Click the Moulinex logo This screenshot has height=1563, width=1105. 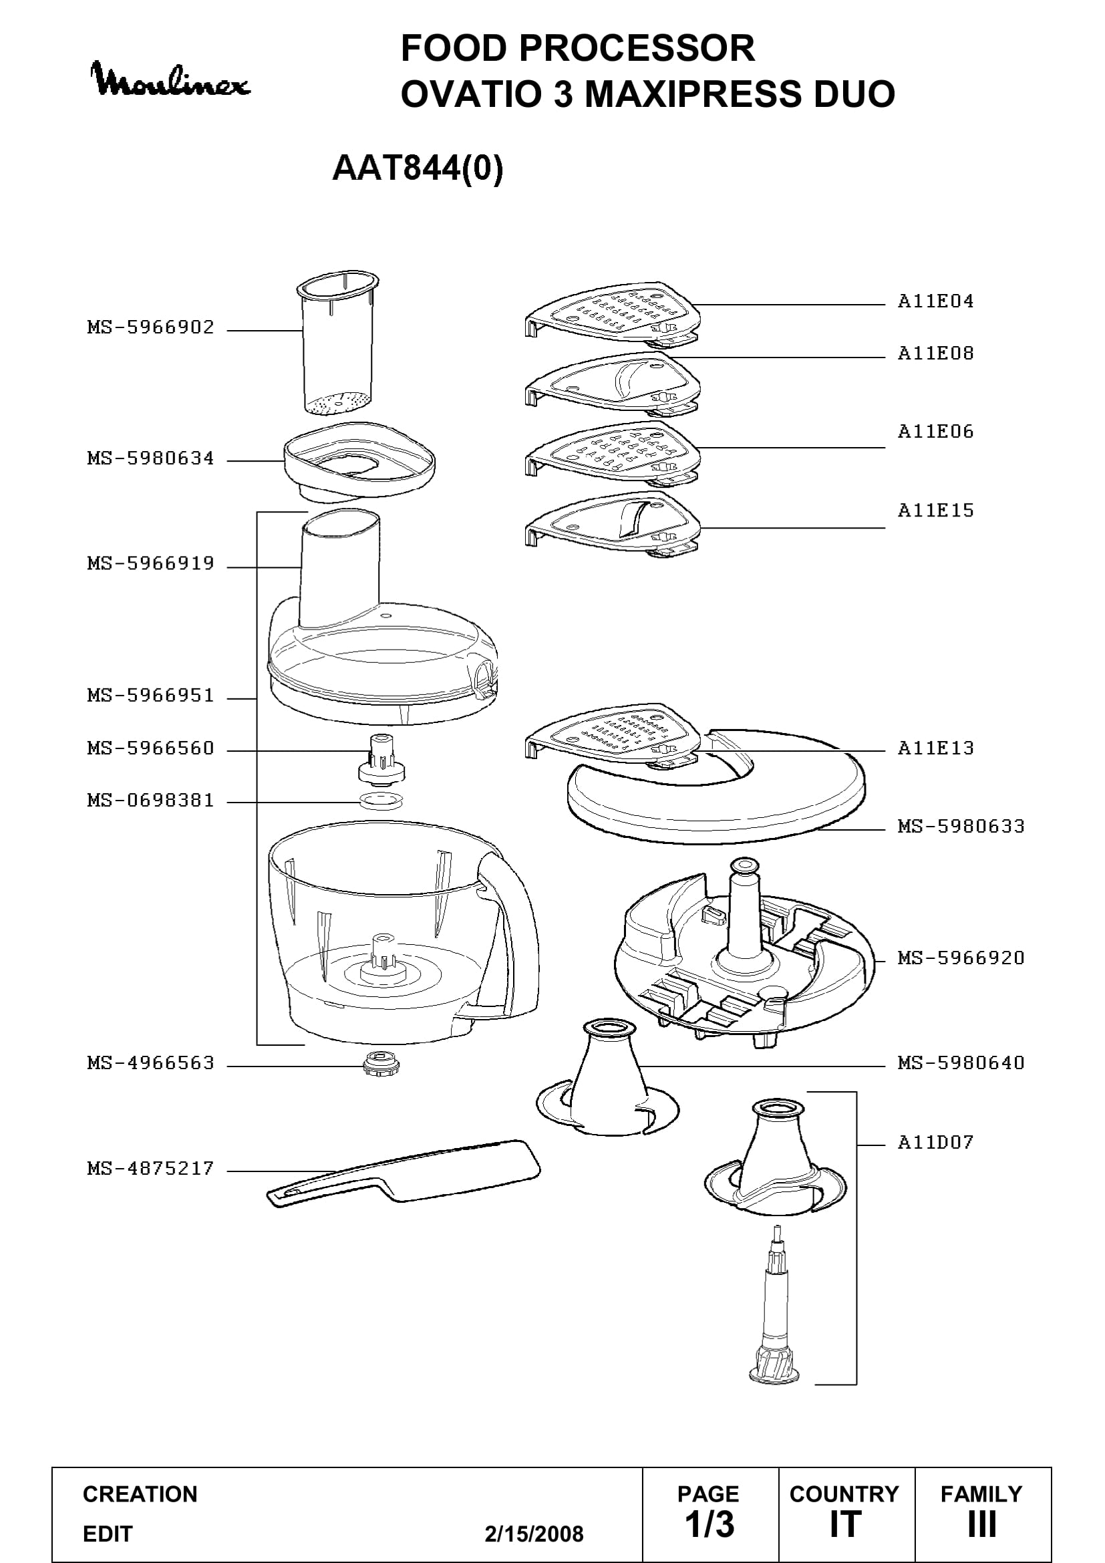pos(171,80)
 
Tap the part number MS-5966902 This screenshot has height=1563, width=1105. pos(151,327)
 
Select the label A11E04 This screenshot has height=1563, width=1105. pos(935,301)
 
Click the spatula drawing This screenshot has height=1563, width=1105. pos(404,1173)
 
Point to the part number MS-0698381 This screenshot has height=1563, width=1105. pos(151,801)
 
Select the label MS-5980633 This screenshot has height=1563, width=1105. pos(961,827)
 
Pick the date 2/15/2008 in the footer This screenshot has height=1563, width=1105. pos(534,1534)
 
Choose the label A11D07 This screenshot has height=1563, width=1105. pos(935,1142)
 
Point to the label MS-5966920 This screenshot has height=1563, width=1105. pos(961,958)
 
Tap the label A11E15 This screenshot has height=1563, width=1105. pos(935,511)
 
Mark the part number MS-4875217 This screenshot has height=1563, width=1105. pos(151,1169)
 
